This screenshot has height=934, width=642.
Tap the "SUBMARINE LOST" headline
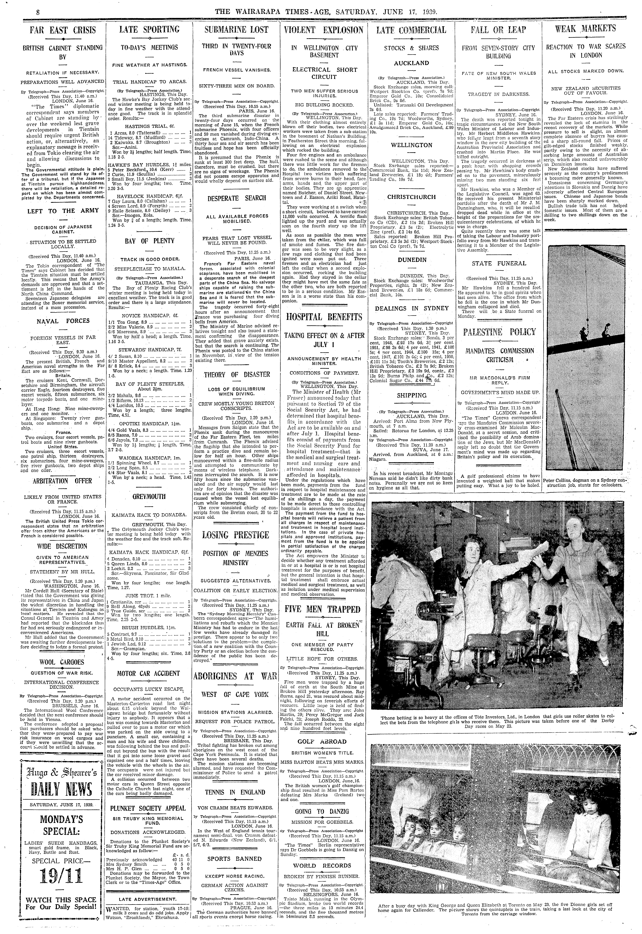(236, 30)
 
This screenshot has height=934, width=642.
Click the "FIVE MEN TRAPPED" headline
(323, 609)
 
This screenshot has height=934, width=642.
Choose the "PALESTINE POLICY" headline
(499, 332)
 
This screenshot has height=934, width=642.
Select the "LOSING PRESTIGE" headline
(236, 535)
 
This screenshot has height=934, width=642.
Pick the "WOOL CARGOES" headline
(62, 662)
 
